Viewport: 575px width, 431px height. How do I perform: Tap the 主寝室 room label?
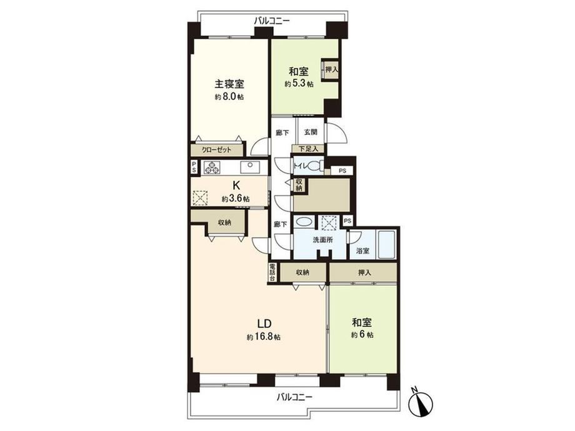[229, 84]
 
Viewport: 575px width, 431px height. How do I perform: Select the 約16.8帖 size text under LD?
[264, 337]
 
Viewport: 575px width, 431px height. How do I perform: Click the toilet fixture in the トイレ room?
[314, 166]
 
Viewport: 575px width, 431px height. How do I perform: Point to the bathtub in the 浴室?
[386, 244]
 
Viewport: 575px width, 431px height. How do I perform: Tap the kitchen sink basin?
[249, 167]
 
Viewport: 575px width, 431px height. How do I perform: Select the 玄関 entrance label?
[311, 132]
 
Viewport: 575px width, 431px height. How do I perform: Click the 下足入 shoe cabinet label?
[308, 149]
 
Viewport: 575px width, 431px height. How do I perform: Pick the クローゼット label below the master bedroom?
[217, 150]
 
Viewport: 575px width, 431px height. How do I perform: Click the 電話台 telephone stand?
[272, 272]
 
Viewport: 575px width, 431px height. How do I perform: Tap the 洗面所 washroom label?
[322, 240]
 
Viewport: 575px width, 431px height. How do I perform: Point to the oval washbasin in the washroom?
[304, 222]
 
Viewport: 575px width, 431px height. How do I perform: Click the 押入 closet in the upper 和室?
[332, 69]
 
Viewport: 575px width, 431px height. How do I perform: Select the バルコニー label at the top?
[272, 21]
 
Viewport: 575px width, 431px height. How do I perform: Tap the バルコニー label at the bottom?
[294, 397]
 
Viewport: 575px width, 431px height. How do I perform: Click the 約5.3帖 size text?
[299, 84]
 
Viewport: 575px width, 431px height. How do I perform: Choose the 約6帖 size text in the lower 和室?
[362, 335]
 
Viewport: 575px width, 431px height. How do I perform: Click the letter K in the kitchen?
[236, 185]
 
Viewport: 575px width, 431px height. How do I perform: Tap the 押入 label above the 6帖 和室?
[364, 273]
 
